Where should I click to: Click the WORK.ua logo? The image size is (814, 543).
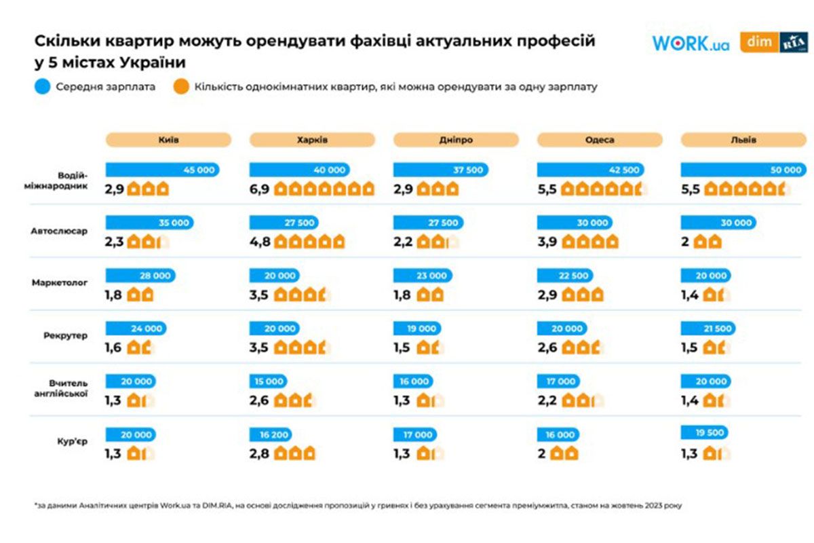[x=691, y=43]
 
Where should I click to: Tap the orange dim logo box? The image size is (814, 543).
[x=758, y=42]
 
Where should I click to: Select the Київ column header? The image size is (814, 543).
[x=168, y=140]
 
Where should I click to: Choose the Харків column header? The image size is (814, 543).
[x=312, y=140]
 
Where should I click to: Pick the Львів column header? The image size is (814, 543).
[x=743, y=140]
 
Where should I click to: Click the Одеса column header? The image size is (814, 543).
[x=600, y=140]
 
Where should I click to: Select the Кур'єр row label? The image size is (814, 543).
[x=73, y=442]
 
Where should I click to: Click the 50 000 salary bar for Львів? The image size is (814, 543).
[x=744, y=170]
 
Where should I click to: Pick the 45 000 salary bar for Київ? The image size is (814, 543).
[x=163, y=170]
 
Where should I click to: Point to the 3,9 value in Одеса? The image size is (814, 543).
[x=547, y=242]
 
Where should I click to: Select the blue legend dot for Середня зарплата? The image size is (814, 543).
[x=43, y=87]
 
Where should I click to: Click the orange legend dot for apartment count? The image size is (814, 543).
[x=182, y=87]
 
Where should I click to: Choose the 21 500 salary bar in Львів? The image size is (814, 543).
[x=710, y=329]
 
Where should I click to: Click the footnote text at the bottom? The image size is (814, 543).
[x=360, y=506]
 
